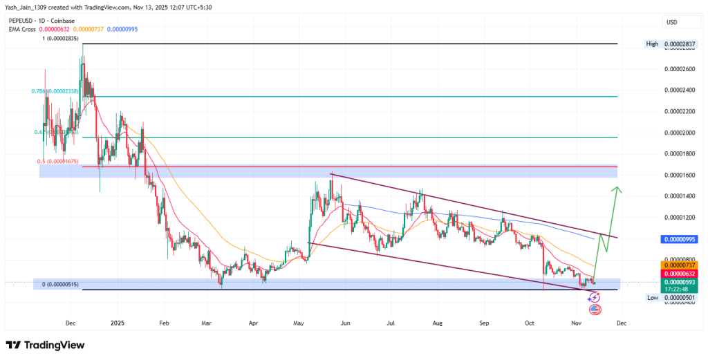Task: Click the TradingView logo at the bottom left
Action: [x=45, y=345]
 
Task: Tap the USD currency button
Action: [x=671, y=22]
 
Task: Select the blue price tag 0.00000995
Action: [x=681, y=238]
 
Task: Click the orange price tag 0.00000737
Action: [x=681, y=265]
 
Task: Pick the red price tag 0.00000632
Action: [x=681, y=274]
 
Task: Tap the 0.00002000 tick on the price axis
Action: [x=680, y=133]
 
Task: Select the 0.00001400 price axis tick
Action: [x=680, y=196]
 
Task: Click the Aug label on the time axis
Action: [x=437, y=322]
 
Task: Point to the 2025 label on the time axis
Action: [x=118, y=322]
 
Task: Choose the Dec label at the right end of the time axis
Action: [x=622, y=322]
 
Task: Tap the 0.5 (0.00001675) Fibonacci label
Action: [x=60, y=162]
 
